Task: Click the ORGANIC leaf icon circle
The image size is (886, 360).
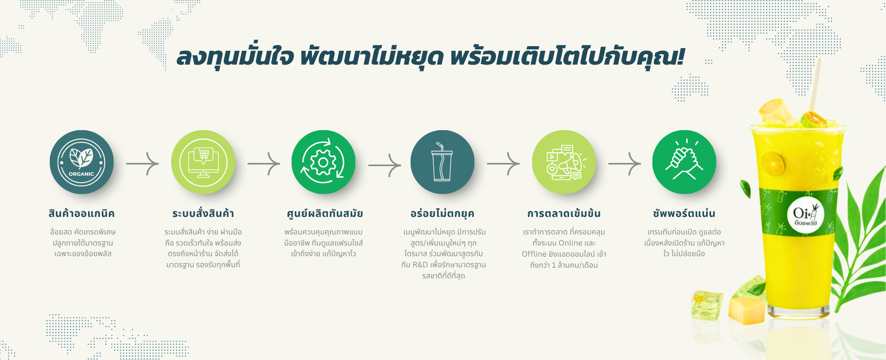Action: coord(82,162)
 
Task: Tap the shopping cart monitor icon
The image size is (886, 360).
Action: coord(203,162)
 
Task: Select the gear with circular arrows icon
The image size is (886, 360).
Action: coord(323,162)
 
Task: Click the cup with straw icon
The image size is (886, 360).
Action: coord(443,162)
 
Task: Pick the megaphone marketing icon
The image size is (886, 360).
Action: coord(564,162)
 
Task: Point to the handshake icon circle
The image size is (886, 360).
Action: coord(684,162)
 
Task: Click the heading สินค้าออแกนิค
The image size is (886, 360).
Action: coord(82,214)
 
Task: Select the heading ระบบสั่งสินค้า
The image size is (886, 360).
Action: coord(203,213)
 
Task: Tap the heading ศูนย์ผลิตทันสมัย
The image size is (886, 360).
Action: coord(325,214)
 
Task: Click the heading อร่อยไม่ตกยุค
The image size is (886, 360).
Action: coord(443,213)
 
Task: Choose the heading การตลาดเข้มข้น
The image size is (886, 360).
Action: coord(564,213)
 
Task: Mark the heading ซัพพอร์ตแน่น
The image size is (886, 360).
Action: coord(684,213)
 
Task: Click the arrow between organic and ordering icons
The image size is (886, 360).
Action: coord(143,163)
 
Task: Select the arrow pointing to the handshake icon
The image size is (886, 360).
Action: coord(625,163)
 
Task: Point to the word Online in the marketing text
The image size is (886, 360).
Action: coord(570,243)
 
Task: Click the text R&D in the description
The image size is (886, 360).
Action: coord(420,265)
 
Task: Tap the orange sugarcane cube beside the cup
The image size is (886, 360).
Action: coord(747,310)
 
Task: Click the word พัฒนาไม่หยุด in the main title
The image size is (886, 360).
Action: coord(372,57)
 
